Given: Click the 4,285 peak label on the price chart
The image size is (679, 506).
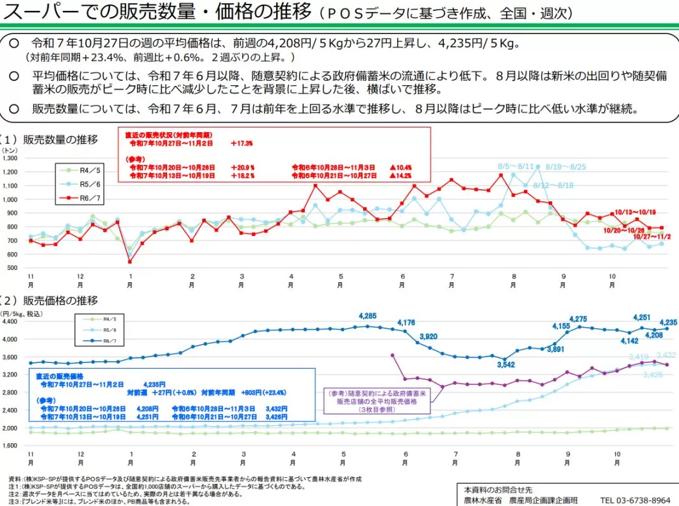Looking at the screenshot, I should [x=368, y=316].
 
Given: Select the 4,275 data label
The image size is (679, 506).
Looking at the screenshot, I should [x=578, y=319].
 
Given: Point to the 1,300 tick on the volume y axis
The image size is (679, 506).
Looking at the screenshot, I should [x=11, y=158].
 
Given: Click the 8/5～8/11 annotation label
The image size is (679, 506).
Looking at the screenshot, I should [x=516, y=167].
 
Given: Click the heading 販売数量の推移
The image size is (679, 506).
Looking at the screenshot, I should [x=60, y=139].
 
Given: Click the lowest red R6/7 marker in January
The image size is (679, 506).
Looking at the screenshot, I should [x=130, y=262].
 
